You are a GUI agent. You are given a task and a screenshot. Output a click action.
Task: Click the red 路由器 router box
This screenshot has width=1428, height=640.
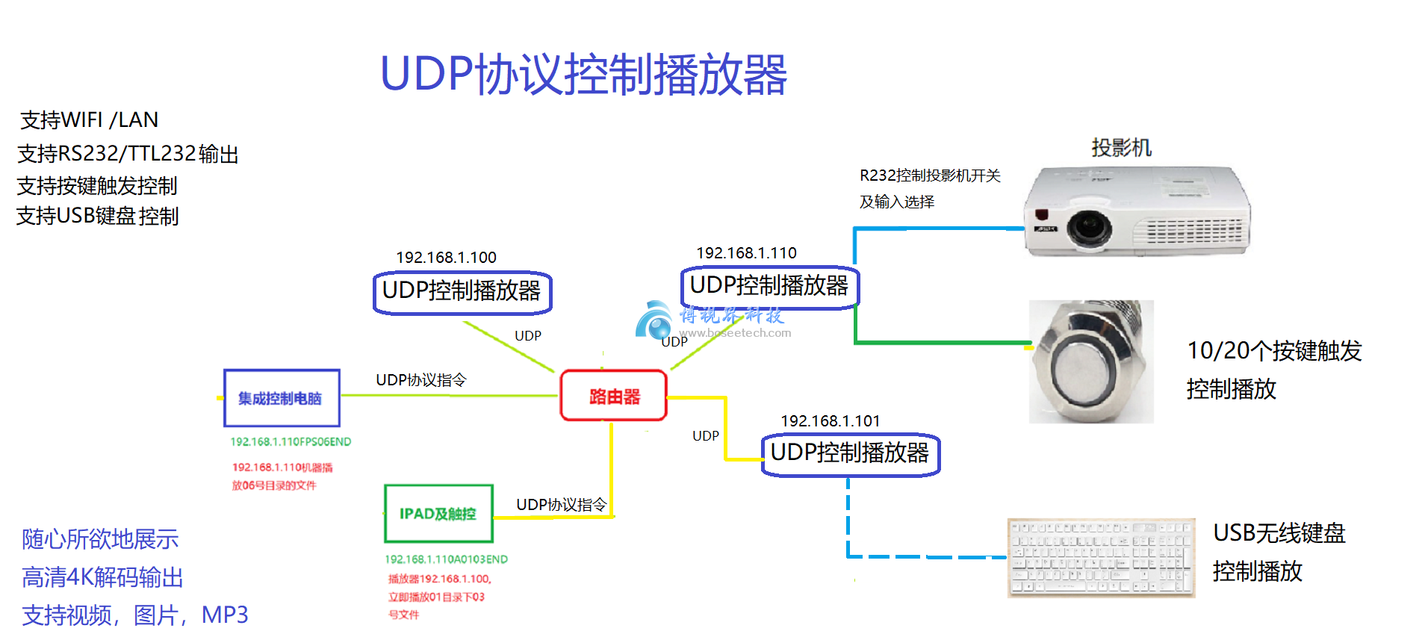click(613, 396)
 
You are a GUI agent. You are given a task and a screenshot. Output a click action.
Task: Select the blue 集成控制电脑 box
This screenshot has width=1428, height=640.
click(282, 398)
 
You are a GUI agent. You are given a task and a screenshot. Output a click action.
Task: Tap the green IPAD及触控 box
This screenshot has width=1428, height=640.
click(438, 514)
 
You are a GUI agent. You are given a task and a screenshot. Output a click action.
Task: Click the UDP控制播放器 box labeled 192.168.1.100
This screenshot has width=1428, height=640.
click(462, 291)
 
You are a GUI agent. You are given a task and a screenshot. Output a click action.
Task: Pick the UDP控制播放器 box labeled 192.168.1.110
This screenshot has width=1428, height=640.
click(769, 286)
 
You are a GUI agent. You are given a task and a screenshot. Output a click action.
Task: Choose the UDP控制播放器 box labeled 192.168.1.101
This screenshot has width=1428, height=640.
click(850, 453)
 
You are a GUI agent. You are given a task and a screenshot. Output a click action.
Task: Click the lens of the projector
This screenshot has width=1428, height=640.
click(1088, 226)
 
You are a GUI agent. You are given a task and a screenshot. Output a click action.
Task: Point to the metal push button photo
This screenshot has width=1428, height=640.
click(1090, 362)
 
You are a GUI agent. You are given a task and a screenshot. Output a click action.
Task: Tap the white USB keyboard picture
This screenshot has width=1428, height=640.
click(1100, 557)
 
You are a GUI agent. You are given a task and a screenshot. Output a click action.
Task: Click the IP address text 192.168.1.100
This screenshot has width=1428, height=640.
click(446, 258)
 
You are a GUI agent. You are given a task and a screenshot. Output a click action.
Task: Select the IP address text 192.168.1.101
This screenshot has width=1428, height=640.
click(830, 421)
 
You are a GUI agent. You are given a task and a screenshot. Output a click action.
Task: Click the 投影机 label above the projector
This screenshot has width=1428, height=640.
click(1121, 148)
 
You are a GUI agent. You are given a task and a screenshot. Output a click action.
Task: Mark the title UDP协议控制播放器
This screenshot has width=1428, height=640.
click(583, 75)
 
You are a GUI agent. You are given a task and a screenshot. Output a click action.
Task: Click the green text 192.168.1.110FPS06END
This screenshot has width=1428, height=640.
click(291, 442)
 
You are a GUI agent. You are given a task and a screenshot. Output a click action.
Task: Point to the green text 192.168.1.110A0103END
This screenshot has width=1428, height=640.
click(446, 559)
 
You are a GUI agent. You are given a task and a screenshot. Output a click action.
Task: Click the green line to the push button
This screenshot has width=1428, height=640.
click(941, 343)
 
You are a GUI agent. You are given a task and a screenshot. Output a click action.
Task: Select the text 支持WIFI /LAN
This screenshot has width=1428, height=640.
click(89, 120)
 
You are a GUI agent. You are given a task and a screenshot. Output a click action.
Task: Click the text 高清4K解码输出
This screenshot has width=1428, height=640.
click(102, 577)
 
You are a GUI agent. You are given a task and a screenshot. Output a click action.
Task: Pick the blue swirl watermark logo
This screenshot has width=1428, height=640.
click(655, 320)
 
